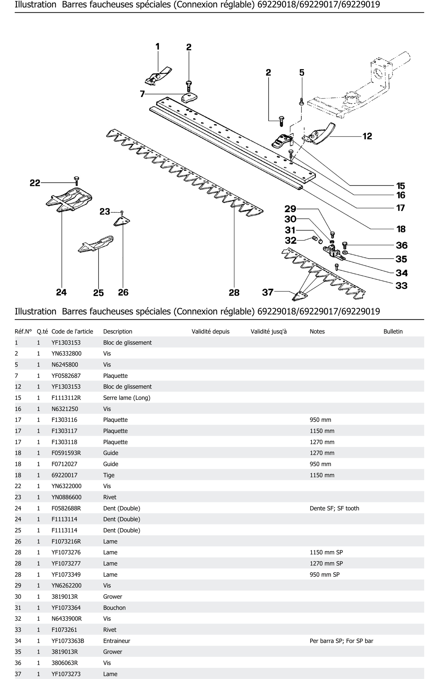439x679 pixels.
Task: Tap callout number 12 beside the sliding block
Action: coord(367,136)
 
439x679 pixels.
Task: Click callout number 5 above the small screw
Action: coord(302,73)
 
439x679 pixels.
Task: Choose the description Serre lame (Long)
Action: coord(127,398)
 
